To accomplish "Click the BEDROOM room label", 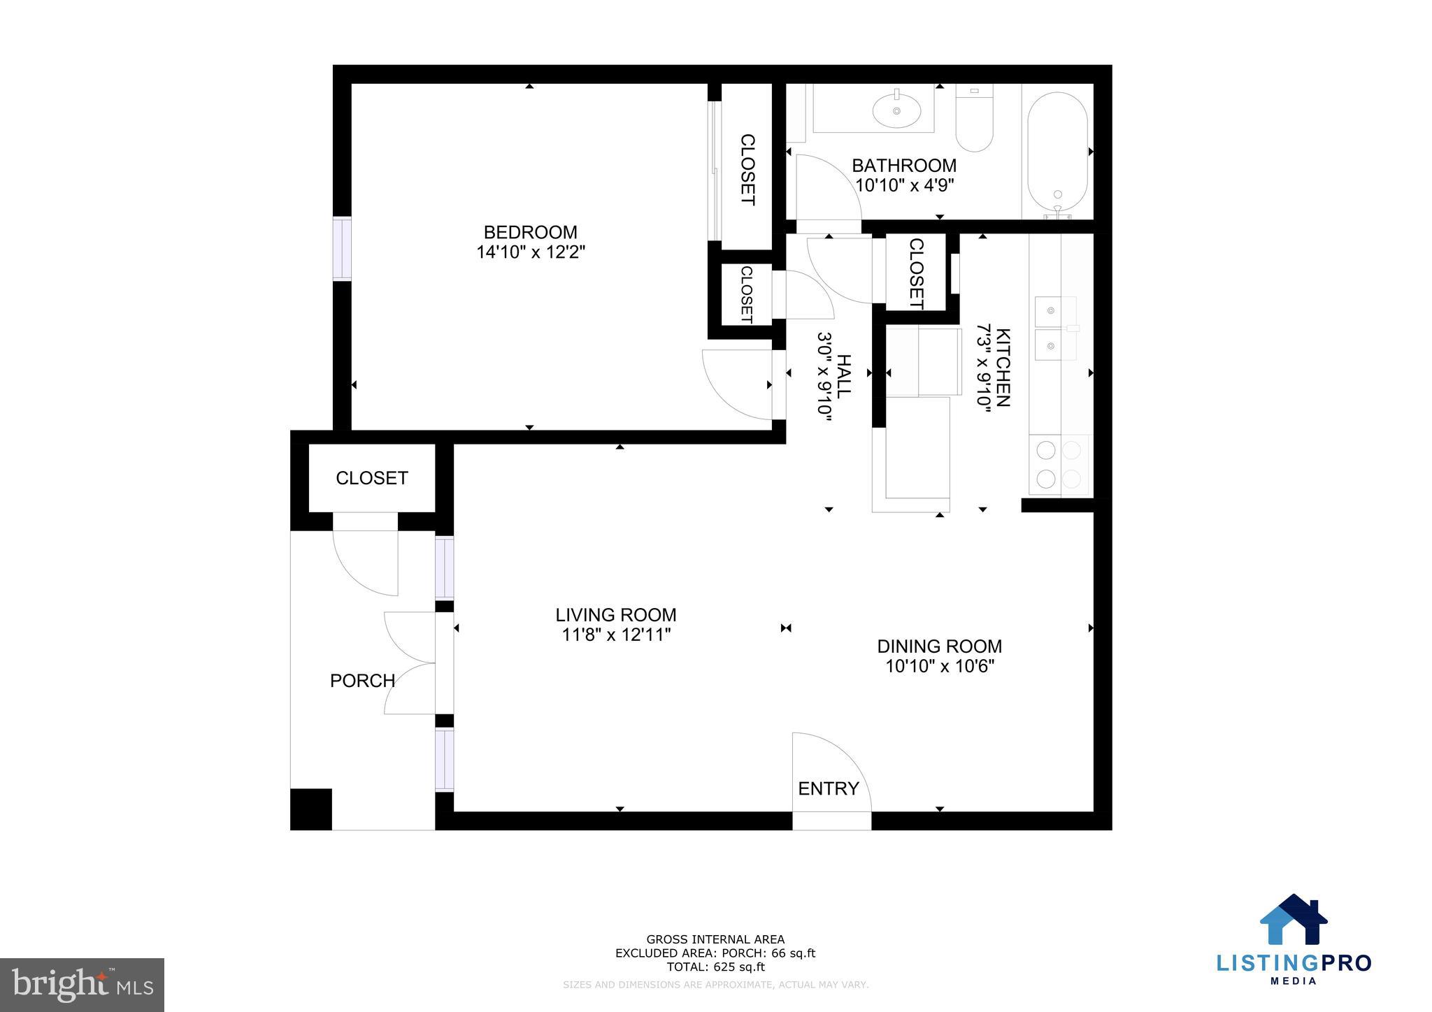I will [530, 232].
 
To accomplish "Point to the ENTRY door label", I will [828, 788].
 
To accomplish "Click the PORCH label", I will [362, 681].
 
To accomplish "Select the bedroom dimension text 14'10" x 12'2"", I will [530, 252].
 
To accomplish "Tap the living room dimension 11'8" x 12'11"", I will [616, 635].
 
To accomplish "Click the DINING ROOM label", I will [939, 646].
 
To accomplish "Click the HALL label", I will [844, 376].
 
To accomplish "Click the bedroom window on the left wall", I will [341, 249].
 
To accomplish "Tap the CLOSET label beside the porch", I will [371, 478].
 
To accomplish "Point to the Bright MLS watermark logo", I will [82, 985].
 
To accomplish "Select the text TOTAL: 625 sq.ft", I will [715, 967].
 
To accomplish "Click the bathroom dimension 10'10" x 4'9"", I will [904, 185].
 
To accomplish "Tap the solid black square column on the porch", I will [310, 809].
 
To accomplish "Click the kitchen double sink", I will [1055, 328].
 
